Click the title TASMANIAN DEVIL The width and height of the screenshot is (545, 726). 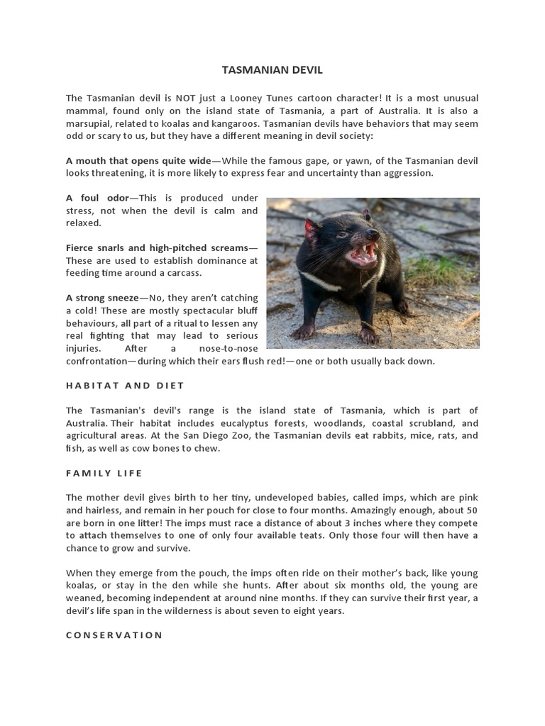point(272,70)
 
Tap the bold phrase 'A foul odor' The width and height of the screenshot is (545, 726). point(96,198)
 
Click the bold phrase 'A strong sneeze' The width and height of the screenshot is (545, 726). point(102,298)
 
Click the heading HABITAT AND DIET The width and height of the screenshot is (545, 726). point(125,386)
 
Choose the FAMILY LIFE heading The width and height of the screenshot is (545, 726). point(104,473)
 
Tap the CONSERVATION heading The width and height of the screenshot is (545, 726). point(114,635)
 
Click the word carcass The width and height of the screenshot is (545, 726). point(184,273)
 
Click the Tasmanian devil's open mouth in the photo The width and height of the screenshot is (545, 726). point(362,253)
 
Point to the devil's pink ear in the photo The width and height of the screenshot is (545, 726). point(311,229)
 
